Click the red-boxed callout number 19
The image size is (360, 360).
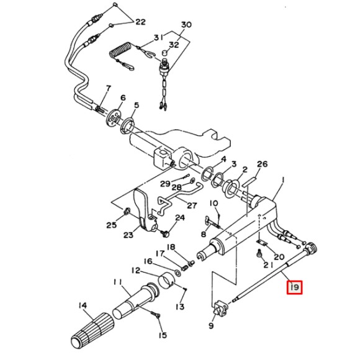(x=294, y=287)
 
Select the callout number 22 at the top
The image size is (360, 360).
(x=140, y=22)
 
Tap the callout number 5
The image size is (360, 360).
(x=137, y=105)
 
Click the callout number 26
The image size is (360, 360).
(x=263, y=164)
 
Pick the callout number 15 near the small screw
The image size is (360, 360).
(x=162, y=336)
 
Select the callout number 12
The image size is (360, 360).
(x=135, y=271)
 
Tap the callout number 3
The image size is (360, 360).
(x=233, y=164)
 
